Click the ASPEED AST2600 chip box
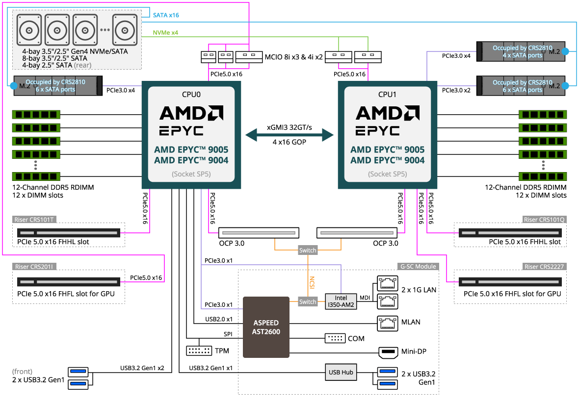coord(266,327)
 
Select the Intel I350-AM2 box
coord(341,301)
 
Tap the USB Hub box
coord(341,372)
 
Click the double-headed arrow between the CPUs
coord(289,135)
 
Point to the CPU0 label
coord(191,95)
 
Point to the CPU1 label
coord(388,95)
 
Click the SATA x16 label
coord(166,15)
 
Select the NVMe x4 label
coord(165,32)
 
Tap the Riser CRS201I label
coord(35,267)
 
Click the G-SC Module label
coord(418,267)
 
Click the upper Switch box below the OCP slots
coord(308,251)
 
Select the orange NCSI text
coord(312,282)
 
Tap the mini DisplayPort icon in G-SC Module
coord(388,352)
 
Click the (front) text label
coord(22,372)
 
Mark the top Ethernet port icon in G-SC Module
coord(388,283)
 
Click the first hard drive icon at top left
coord(29,29)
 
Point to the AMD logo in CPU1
coord(388,113)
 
